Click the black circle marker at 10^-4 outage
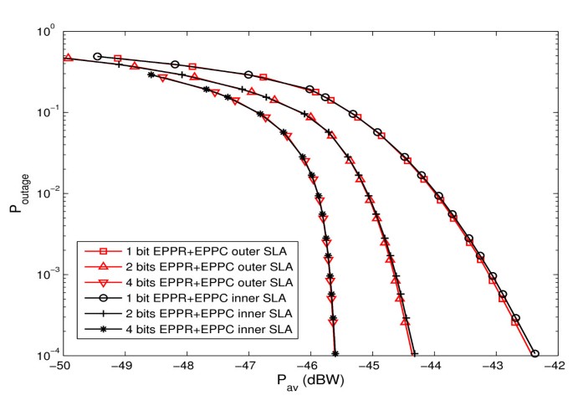point(535,354)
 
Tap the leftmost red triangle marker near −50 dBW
point(68,58)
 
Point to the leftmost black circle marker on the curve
point(97,56)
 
